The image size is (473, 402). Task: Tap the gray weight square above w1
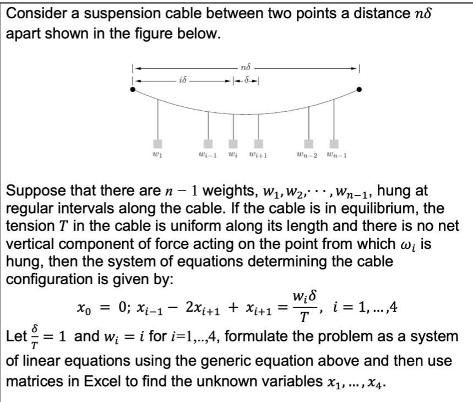click(158, 144)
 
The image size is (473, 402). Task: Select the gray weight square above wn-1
click(334, 144)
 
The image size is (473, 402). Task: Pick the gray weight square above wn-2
click(309, 144)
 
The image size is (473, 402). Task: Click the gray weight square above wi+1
click(258, 144)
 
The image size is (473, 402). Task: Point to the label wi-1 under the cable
click(209, 156)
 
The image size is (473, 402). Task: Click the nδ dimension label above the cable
click(246, 67)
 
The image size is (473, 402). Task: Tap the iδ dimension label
click(182, 80)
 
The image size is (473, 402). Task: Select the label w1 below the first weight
click(158, 156)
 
